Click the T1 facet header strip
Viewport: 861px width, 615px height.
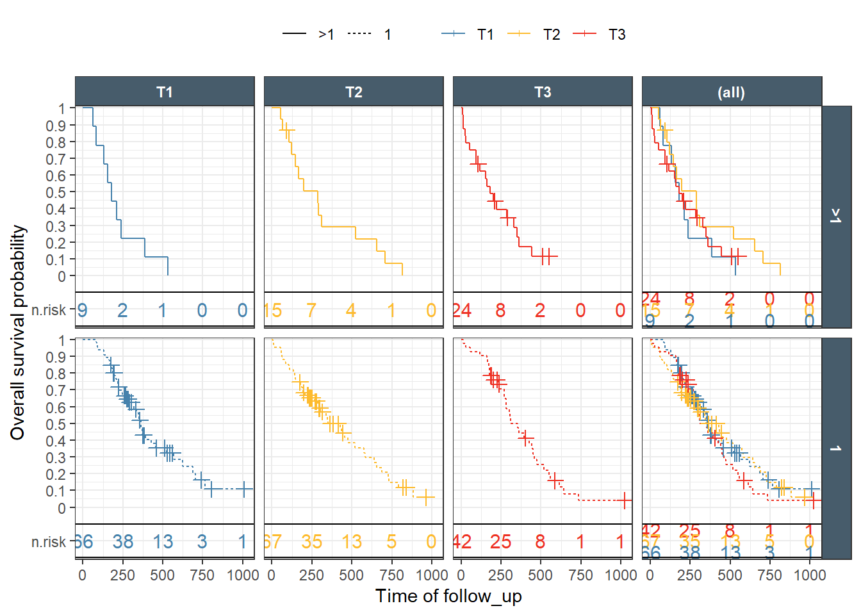tap(165, 92)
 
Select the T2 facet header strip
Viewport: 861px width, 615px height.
tap(354, 92)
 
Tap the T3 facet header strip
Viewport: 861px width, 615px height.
tap(543, 92)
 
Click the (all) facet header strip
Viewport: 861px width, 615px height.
tap(732, 92)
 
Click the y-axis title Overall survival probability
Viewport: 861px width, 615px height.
tap(18, 332)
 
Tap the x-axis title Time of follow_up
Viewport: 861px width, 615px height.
tap(448, 596)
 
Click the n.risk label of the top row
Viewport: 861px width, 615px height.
tap(49, 310)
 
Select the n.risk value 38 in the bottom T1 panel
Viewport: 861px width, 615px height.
tap(122, 542)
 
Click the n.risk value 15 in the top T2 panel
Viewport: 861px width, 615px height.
tap(273, 311)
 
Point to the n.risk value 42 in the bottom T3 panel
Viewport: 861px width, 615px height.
tap(462, 542)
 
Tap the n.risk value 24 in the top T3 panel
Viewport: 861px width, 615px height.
tap(462, 311)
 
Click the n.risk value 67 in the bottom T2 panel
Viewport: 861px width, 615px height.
tap(273, 542)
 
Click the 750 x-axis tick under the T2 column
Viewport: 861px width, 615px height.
tap(391, 575)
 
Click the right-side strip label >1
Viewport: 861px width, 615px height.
tap(835, 216)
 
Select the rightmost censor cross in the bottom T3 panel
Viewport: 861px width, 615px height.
tap(625, 500)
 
